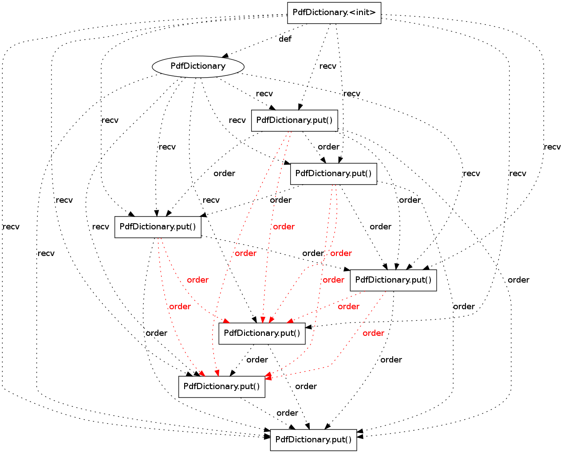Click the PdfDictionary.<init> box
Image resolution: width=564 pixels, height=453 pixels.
tap(334, 13)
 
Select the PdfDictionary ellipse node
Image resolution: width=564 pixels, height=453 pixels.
tap(198, 67)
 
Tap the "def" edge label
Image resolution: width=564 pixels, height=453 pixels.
tap(285, 39)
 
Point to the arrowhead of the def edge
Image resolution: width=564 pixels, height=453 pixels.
tap(225, 55)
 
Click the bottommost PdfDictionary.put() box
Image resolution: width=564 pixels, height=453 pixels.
tap(313, 440)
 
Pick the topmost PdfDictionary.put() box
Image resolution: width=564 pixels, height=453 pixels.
tap(294, 120)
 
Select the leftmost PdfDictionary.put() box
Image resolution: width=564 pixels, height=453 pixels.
tap(158, 227)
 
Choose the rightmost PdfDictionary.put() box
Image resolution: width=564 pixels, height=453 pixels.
tap(393, 280)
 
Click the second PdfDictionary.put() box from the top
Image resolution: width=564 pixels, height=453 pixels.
tap(333, 174)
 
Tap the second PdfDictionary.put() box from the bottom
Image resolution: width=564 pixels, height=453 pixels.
tap(221, 387)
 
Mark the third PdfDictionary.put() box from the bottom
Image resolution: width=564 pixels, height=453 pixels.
tap(262, 334)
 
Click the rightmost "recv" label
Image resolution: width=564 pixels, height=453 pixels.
tap(552, 147)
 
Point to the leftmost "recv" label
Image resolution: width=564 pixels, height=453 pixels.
tap(11, 227)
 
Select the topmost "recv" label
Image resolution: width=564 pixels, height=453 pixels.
tap(327, 66)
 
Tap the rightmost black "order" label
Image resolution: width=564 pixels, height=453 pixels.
tap(518, 280)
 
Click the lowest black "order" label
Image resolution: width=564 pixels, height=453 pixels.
tap(287, 413)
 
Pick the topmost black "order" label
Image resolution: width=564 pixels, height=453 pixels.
tap(328, 147)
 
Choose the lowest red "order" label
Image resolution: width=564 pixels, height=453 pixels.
tap(373, 333)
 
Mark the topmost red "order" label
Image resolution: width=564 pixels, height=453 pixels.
tap(284, 227)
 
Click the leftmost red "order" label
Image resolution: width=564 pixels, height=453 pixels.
tap(180, 307)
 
